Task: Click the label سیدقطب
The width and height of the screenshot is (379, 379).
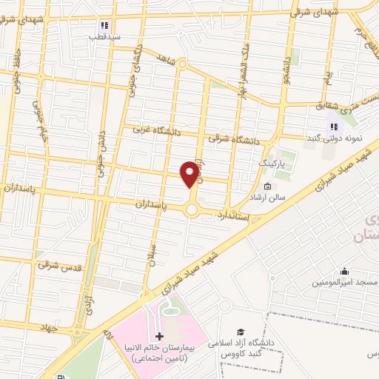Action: tap(104, 36)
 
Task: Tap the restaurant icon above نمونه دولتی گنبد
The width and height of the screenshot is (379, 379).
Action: tap(333, 126)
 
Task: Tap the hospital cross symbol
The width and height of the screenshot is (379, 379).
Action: tap(159, 336)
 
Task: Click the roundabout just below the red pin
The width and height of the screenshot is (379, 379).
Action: tap(192, 210)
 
